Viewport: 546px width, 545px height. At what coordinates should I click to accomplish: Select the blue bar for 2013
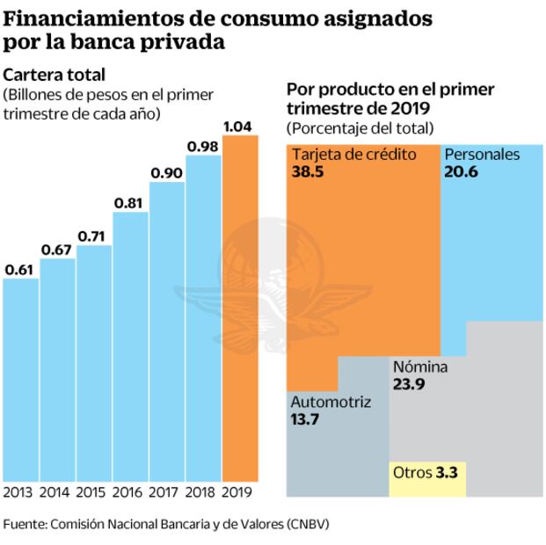20,378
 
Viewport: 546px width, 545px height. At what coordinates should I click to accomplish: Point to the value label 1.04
239,127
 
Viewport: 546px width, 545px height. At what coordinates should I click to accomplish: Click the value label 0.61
19,268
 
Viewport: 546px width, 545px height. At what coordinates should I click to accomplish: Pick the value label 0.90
166,172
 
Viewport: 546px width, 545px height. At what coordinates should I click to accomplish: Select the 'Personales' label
482,155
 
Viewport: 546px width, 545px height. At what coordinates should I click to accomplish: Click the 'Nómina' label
420,367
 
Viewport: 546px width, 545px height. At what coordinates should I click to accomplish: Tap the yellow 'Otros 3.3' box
427,472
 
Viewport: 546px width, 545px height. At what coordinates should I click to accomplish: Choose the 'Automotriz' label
331,403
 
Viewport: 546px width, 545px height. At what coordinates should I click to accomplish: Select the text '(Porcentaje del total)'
360,128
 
